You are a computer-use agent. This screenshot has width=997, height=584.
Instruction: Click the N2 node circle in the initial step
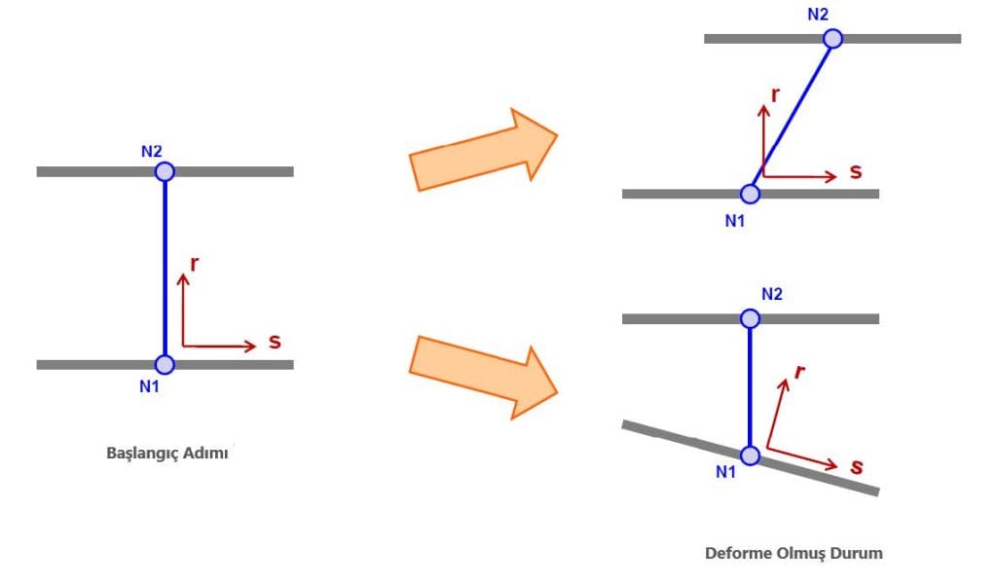(x=165, y=171)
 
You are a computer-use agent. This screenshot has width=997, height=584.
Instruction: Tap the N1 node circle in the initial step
(x=165, y=364)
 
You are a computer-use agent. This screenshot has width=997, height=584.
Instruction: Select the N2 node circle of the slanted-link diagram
(x=832, y=39)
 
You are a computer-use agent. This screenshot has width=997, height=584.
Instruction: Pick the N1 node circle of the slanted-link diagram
(x=751, y=193)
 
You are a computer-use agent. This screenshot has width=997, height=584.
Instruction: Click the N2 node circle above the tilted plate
(x=750, y=318)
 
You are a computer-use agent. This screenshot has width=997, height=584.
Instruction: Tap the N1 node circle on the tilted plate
(x=750, y=455)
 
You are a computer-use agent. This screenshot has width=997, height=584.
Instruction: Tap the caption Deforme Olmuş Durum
(x=794, y=553)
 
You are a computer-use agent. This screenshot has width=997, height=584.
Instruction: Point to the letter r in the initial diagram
(x=196, y=262)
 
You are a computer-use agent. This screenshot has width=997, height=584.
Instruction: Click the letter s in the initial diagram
(x=275, y=343)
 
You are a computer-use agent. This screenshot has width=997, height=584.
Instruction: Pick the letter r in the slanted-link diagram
(x=775, y=94)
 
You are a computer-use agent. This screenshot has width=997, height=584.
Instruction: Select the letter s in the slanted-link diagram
(x=855, y=172)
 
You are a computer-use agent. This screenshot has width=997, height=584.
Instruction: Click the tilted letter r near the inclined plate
(x=799, y=372)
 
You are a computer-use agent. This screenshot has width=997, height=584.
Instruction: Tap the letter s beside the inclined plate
(x=856, y=467)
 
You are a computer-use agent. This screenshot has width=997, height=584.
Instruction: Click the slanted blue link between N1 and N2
(x=792, y=116)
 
